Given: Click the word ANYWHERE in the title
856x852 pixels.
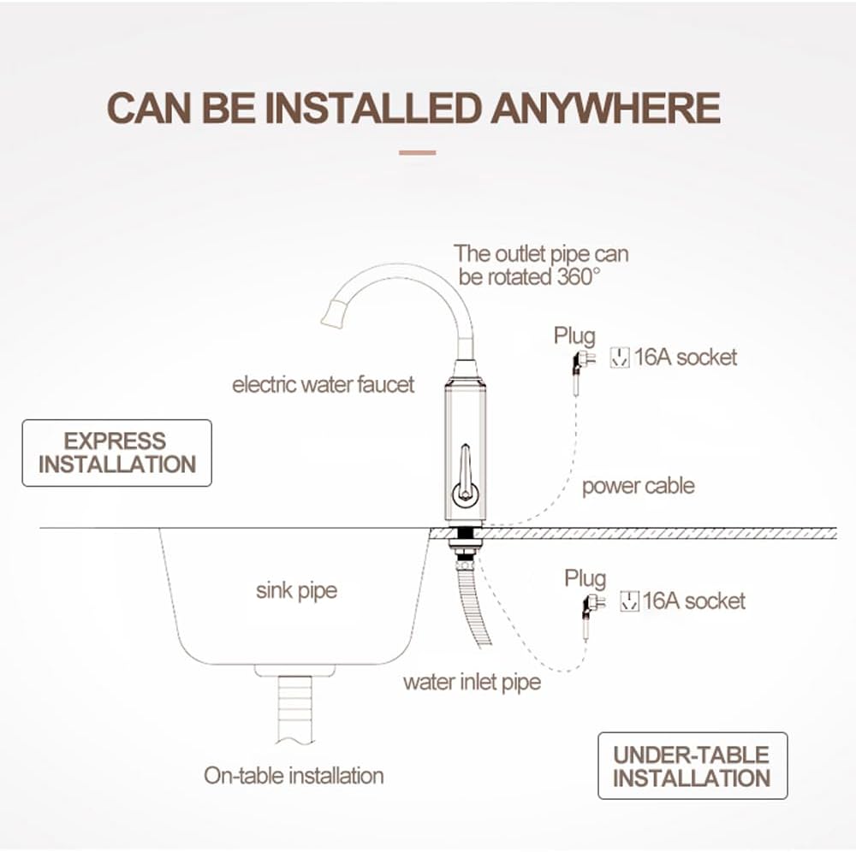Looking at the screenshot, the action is click(605, 108).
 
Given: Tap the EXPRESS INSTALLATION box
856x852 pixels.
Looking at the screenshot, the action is click(116, 453).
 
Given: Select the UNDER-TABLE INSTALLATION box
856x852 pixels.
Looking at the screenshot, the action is click(693, 766).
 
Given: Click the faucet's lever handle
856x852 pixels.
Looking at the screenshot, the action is click(465, 475).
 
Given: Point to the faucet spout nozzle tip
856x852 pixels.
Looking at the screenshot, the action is click(333, 316).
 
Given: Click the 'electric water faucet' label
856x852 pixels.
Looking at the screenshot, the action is click(324, 385).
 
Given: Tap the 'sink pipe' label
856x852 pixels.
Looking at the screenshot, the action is click(296, 591).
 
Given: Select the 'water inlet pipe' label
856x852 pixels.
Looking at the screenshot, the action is click(472, 683).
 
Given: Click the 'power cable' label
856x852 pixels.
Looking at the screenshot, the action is click(639, 486).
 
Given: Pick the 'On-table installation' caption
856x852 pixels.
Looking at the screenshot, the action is click(294, 775).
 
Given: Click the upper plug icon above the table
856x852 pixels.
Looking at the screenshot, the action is click(582, 364).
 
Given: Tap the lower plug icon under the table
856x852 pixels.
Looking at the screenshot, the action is click(593, 606).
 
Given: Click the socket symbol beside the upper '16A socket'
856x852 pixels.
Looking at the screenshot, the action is click(620, 358).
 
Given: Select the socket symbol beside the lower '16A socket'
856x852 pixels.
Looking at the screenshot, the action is click(629, 601).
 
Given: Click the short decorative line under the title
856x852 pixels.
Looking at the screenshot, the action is click(418, 153).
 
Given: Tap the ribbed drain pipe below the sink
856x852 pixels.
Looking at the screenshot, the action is click(295, 710).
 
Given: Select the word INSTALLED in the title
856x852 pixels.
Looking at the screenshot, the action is click(373, 108).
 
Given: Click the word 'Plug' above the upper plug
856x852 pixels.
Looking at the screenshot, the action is click(574, 336).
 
